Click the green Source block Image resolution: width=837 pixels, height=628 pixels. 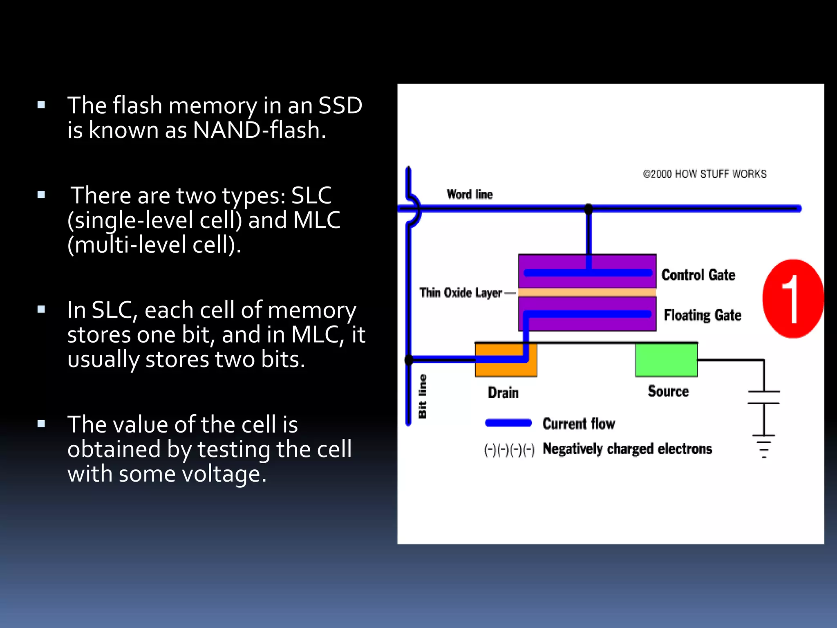click(x=666, y=360)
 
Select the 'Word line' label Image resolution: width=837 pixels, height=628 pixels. click(x=470, y=195)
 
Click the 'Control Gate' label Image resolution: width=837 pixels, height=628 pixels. click(x=698, y=275)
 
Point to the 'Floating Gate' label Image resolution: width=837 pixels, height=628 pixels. click(x=702, y=315)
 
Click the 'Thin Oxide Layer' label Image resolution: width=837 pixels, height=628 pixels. click(x=461, y=293)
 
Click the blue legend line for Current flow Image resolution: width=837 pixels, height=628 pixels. click(x=508, y=423)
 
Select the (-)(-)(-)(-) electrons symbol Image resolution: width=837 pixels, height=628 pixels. click(x=509, y=450)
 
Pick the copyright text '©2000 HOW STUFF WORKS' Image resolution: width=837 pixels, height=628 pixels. click(x=705, y=174)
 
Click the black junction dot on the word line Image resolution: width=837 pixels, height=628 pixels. click(x=589, y=209)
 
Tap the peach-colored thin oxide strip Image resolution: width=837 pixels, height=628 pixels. click(x=587, y=292)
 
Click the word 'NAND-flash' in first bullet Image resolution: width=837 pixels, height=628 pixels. click(x=259, y=130)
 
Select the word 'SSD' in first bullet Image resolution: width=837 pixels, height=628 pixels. click(x=340, y=105)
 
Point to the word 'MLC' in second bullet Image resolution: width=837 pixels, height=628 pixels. click(x=316, y=220)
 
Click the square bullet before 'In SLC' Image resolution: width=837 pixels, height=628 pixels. click(x=41, y=309)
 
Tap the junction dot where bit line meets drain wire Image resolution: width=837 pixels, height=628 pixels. click(x=409, y=360)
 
